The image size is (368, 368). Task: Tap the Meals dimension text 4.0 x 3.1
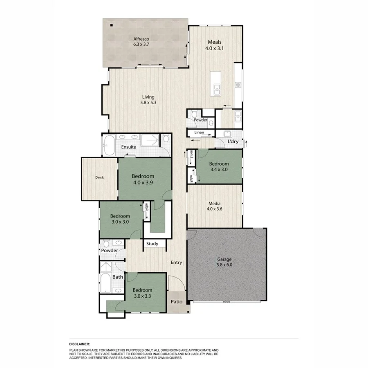click(x=215, y=48)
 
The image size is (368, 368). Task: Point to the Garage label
click(x=224, y=259)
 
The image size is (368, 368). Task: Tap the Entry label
click(x=176, y=263)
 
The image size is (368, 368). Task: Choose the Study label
click(x=152, y=244)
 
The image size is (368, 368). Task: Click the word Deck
click(x=99, y=177)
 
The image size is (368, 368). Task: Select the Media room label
click(x=215, y=203)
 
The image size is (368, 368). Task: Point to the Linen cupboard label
click(x=199, y=132)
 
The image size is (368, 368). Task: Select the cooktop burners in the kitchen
click(x=238, y=85)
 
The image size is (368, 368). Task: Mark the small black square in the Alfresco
click(x=112, y=25)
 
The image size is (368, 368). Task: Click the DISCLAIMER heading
click(x=79, y=345)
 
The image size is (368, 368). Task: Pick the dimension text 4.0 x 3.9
click(x=143, y=183)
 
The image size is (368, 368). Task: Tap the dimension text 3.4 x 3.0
click(x=219, y=169)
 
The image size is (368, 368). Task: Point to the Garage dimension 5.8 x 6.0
click(x=224, y=265)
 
